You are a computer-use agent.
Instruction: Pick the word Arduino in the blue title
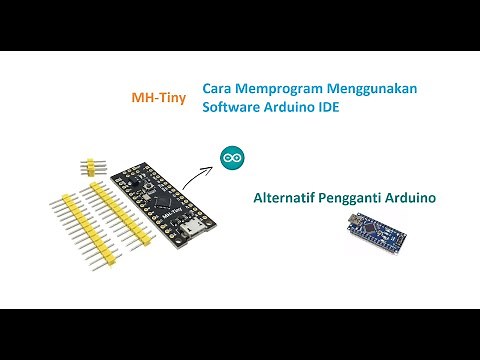point(289,107)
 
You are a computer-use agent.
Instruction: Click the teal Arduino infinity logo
point(232,157)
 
